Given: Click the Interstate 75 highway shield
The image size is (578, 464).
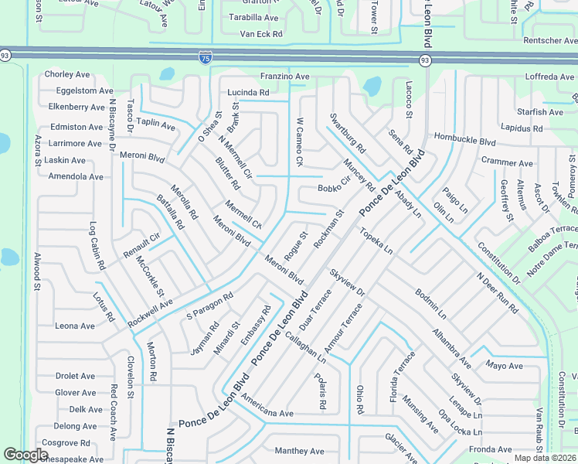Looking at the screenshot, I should click(x=204, y=57).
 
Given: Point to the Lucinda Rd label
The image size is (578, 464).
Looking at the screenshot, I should click(x=248, y=93).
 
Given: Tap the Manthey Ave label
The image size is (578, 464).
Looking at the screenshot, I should click(x=299, y=451).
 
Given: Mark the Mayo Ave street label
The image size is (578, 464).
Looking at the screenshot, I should click(x=504, y=366).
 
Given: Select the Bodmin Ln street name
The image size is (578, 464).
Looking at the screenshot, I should click(x=430, y=305).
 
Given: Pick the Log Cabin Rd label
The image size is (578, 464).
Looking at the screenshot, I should click(x=97, y=247).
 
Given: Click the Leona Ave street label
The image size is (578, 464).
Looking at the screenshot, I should click(x=75, y=326).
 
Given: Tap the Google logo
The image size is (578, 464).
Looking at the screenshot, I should click(x=25, y=455).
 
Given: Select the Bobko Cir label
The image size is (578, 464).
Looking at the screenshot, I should click(x=334, y=186).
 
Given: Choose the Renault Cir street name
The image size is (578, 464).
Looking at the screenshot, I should click(x=141, y=245).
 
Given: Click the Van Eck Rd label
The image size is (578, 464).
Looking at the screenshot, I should click(x=261, y=34).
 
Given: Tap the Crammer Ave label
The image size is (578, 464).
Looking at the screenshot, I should click(x=507, y=163).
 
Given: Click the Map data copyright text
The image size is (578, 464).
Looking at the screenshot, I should click(x=545, y=458).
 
